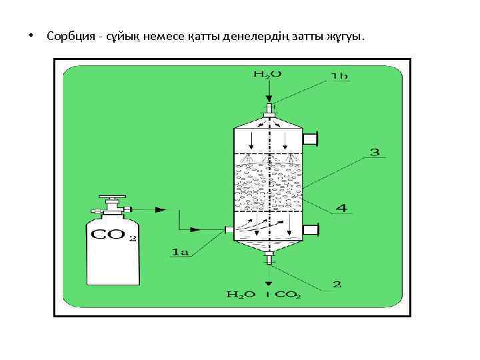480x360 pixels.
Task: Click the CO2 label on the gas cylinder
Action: [112, 235]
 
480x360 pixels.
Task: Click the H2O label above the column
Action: [267, 74]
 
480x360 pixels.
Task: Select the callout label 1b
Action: [339, 77]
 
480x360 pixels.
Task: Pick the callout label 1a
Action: [181, 252]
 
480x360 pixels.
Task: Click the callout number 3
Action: [374, 153]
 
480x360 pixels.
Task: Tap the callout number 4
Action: [341, 209]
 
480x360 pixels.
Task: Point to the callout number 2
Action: [337, 285]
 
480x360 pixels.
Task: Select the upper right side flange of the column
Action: [311, 139]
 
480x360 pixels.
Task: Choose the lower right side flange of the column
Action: [311, 229]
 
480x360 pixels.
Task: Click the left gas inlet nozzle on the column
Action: [229, 229]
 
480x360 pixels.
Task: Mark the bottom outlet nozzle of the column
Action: [269, 257]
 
